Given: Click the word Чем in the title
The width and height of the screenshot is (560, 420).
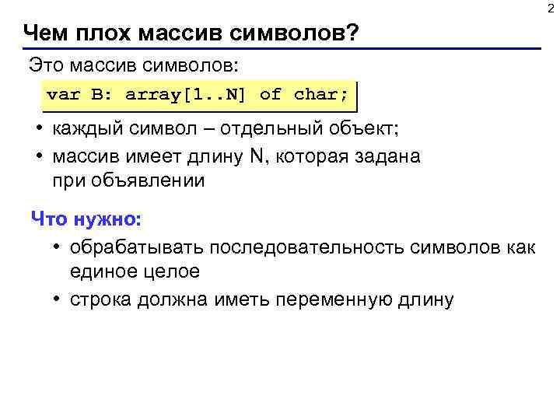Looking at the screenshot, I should pos(45,33).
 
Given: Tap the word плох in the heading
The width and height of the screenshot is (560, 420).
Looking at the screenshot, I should pos(101,33).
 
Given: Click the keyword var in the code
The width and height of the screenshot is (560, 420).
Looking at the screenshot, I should pos(63,95).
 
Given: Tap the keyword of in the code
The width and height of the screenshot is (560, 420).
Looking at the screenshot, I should pos(270,95).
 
